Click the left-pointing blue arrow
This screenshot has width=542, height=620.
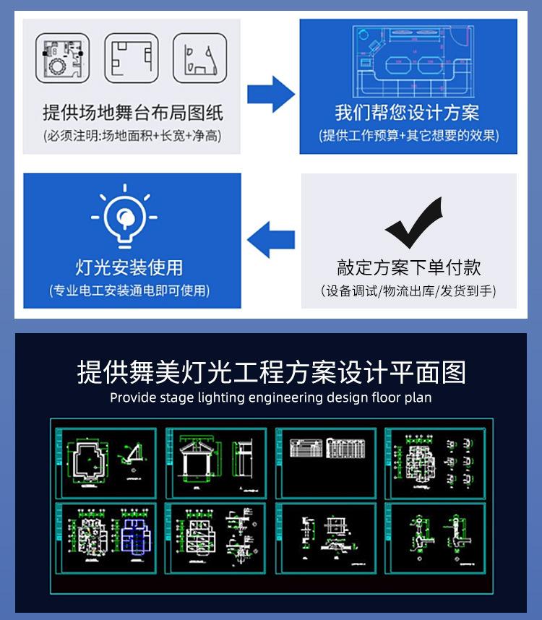tap(271, 239)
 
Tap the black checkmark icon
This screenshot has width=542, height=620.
tap(413, 223)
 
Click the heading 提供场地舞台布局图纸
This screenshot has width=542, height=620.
tap(133, 113)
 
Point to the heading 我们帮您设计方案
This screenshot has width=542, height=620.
tap(408, 113)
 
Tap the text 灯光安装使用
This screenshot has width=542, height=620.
tap(129, 267)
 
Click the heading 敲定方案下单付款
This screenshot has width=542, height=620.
tap(408, 267)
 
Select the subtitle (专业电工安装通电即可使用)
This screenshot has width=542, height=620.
tap(129, 291)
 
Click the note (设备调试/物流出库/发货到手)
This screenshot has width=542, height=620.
tap(408, 291)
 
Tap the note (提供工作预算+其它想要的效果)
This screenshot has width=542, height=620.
tap(408, 135)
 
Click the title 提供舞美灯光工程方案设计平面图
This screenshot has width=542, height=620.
tap(271, 372)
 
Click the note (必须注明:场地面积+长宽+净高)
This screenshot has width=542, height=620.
tap(133, 135)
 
